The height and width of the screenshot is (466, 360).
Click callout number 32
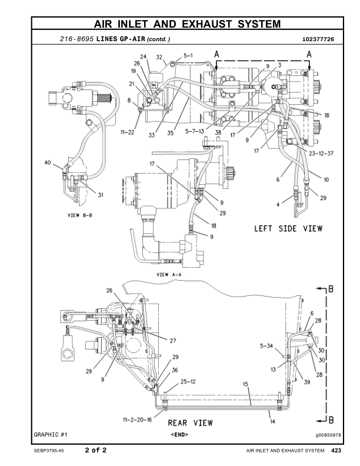(159, 57)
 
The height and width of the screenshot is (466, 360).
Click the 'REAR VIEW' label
(191, 422)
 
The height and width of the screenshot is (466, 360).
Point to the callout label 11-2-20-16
(137, 420)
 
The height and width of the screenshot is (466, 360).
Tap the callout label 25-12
(188, 381)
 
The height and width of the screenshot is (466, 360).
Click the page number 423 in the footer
(336, 451)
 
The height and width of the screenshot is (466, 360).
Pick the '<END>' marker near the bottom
(179, 434)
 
